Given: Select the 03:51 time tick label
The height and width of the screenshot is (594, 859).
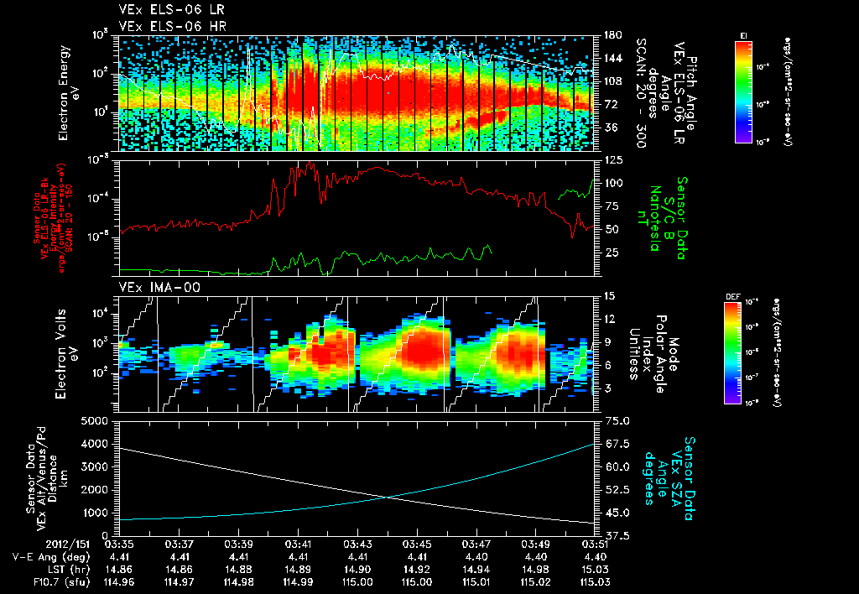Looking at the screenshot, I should click(596, 544).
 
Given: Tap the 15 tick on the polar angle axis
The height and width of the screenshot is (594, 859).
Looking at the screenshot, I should click(608, 296).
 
